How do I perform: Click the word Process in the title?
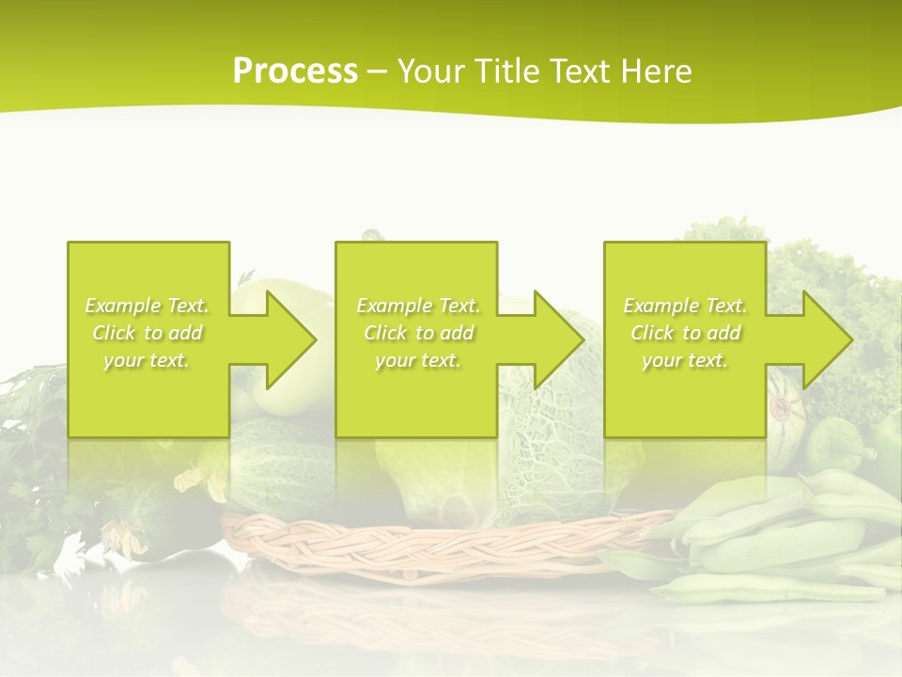[x=295, y=71]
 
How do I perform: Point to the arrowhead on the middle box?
[x=559, y=339]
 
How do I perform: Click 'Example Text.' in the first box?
[x=148, y=306]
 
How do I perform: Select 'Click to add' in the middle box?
[x=418, y=333]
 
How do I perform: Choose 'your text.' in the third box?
[x=684, y=360]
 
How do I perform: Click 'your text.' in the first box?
[x=148, y=360]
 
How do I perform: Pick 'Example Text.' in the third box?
[x=684, y=306]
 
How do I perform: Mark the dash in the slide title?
[x=377, y=71]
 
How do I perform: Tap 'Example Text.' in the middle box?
[x=418, y=306]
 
